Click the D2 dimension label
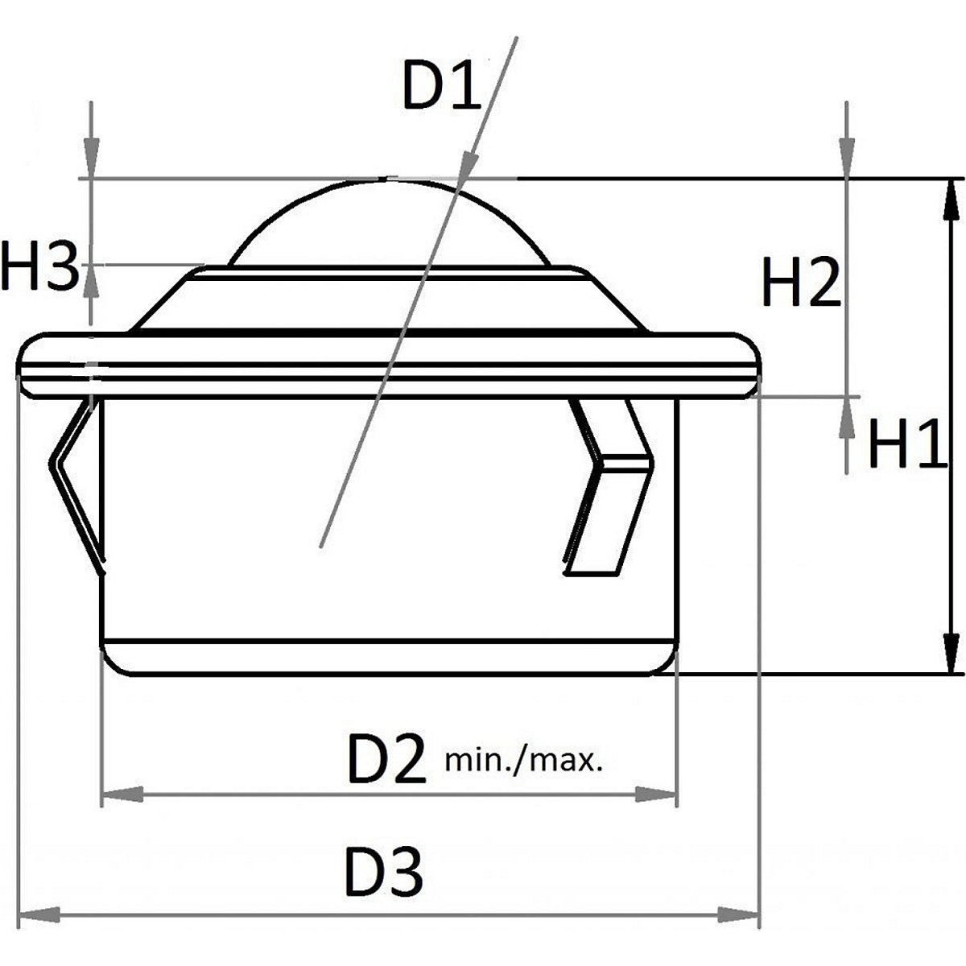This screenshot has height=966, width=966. pyautogui.click(x=386, y=759)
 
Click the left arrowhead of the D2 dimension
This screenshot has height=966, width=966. pyautogui.click(x=122, y=795)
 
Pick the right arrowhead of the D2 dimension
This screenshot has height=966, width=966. pyautogui.click(x=656, y=795)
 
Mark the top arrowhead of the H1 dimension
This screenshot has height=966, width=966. pyautogui.click(x=951, y=198)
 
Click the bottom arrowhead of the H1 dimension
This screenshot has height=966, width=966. pyautogui.click(x=951, y=653)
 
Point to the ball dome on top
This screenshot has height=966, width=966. pyautogui.click(x=386, y=225)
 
